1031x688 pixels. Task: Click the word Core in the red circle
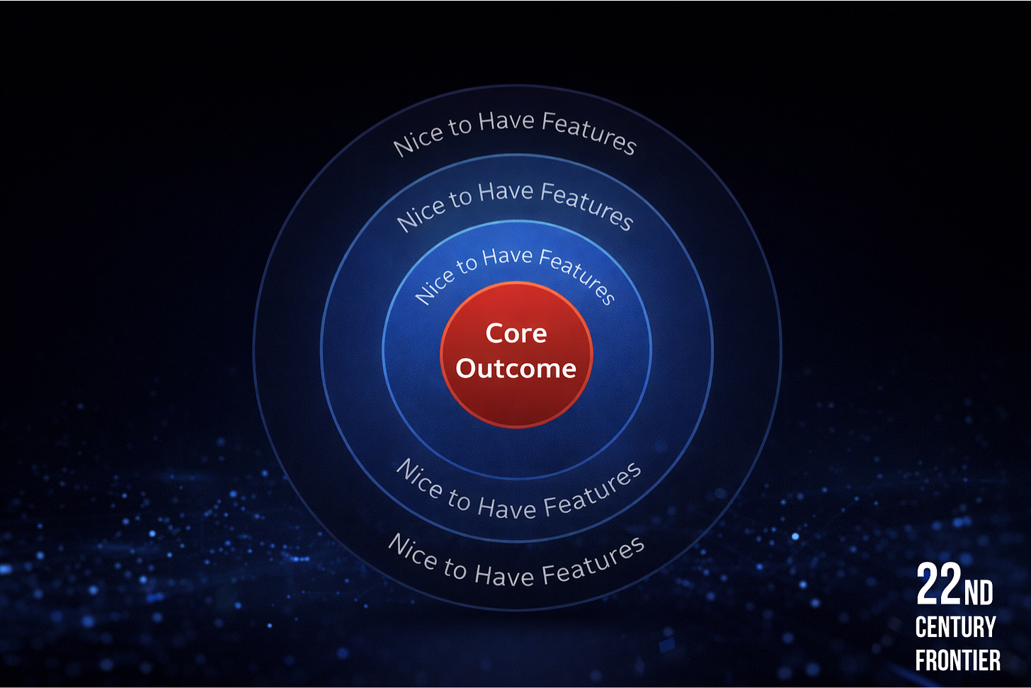pos(516,334)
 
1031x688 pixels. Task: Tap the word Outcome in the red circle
pos(516,368)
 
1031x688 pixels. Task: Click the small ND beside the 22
pos(979,593)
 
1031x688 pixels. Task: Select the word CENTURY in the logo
pos(955,627)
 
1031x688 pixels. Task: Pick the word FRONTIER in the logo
pos(957,660)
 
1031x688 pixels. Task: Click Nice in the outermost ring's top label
pos(418,138)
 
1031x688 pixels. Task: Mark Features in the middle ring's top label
pos(587,205)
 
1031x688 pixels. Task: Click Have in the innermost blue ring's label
pos(507,256)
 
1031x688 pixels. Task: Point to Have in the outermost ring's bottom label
pos(503,575)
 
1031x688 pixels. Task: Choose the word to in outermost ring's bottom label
pos(455,568)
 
